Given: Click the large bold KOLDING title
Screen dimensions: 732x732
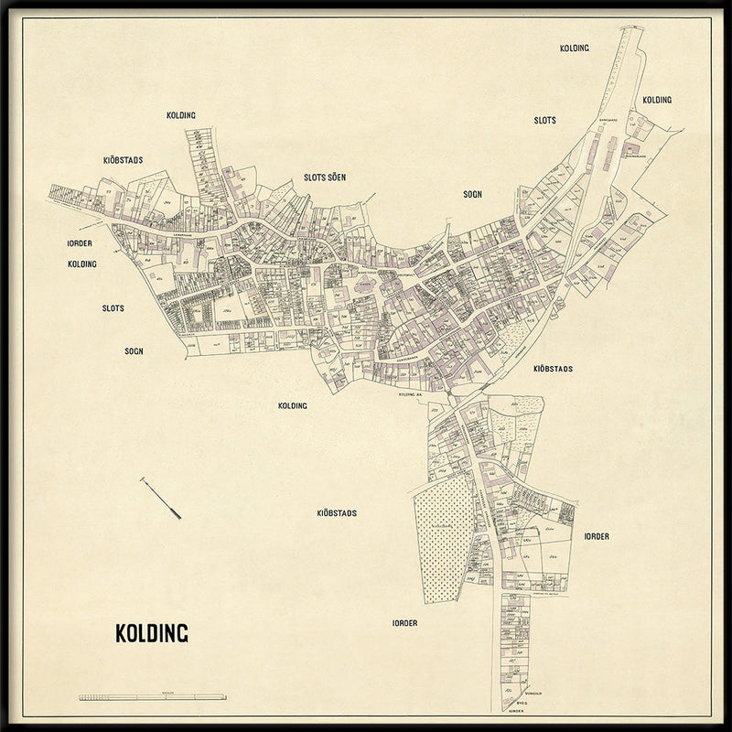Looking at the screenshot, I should pos(151,633).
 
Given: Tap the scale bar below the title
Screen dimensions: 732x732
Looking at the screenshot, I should pos(153,697).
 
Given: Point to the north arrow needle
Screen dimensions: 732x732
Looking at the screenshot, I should pos(160,498).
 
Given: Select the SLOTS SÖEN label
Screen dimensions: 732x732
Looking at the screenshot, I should pos(325,178).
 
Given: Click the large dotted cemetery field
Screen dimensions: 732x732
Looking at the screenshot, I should pos(443,540).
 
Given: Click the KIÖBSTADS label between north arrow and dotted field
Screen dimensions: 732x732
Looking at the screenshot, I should pos(336,513).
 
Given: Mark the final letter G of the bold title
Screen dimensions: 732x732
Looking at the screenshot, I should pos(182,633).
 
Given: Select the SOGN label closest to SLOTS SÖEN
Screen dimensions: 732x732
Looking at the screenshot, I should pos(472,194).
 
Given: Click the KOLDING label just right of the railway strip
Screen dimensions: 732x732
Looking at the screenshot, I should pos(656,100).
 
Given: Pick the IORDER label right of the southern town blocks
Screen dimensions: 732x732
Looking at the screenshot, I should pos(597,536).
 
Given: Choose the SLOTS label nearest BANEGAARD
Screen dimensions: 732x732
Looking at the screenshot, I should pos(544,120).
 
